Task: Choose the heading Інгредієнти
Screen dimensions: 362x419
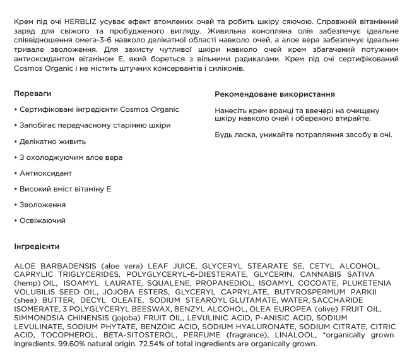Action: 36,246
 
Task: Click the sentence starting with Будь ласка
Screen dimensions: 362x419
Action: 303,135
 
